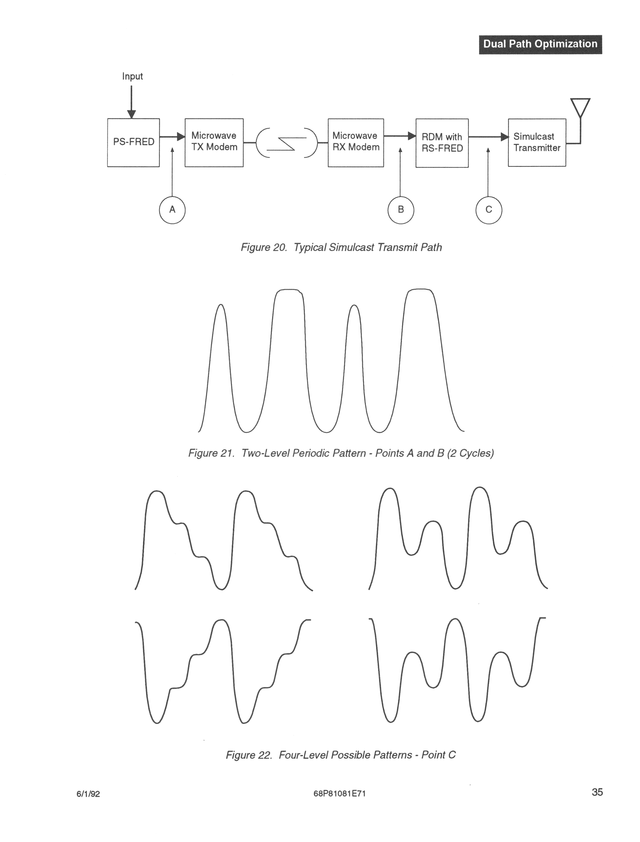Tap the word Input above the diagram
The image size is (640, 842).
point(132,76)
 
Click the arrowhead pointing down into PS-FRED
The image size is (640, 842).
point(131,114)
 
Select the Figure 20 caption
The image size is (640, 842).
point(341,248)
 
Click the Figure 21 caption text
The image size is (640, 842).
point(341,453)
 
